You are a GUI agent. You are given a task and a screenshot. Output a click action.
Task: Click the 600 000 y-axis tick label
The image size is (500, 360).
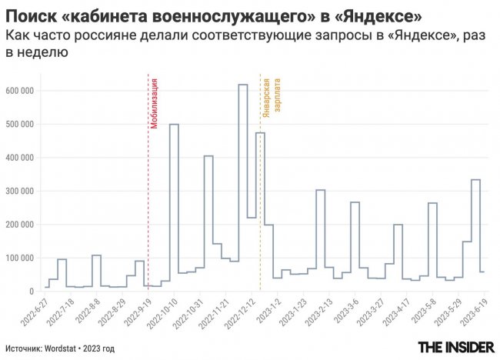[20, 91]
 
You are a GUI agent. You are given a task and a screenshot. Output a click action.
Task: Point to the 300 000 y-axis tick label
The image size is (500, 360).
[20, 191]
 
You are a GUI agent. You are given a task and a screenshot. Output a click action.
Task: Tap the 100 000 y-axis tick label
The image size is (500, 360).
[20, 258]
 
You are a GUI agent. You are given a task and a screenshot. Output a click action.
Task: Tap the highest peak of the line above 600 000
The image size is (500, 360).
[242, 85]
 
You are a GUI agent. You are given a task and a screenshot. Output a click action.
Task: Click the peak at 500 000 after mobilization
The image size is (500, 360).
[174, 125]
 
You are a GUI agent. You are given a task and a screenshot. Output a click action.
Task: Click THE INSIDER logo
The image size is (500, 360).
[455, 348]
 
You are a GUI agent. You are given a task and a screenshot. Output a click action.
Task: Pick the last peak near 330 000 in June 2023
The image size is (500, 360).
[475, 180]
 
